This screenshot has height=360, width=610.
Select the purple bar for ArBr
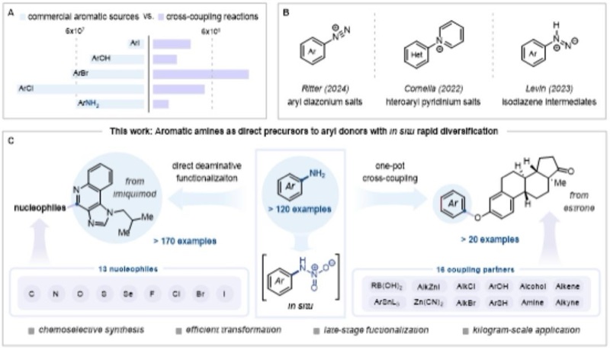click(201, 73)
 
